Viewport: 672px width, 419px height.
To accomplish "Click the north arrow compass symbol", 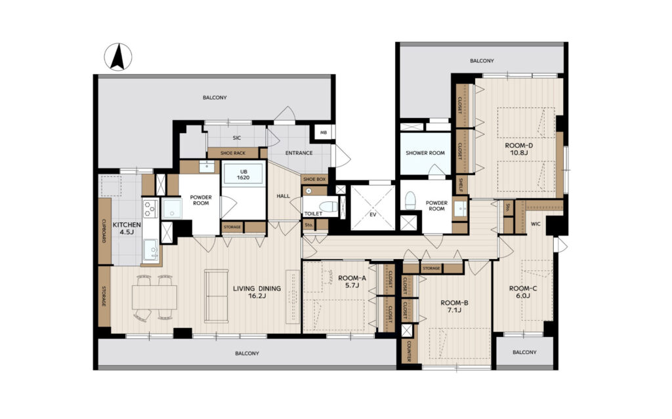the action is [x=118, y=57].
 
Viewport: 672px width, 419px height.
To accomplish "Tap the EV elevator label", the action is [x=373, y=214].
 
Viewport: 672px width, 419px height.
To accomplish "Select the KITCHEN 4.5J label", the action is [x=127, y=228].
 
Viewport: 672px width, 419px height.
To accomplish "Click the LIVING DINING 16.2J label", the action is [x=257, y=292].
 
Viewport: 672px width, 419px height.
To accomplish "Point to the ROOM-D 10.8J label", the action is [x=519, y=149].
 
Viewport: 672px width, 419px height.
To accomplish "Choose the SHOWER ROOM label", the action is [x=425, y=153].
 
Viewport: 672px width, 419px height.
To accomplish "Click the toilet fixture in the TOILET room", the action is [x=329, y=207].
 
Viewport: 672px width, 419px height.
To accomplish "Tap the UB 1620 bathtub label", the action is [x=243, y=174].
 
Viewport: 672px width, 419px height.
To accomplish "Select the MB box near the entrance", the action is [x=324, y=133].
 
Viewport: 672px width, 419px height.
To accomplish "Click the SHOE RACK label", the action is [x=233, y=153].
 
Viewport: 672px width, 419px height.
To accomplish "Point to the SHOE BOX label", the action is [x=314, y=179].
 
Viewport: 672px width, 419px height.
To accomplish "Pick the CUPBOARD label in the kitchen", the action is [x=104, y=231].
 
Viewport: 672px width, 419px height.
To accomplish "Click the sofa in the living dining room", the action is [x=216, y=296].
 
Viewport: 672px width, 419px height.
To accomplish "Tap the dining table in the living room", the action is [x=154, y=297].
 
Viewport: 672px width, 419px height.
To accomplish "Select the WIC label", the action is [x=535, y=224].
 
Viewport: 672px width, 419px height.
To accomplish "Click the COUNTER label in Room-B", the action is [x=408, y=351].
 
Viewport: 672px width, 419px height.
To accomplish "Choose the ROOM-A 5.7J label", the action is [x=352, y=281].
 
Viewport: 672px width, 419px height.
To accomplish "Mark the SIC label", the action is [x=237, y=138].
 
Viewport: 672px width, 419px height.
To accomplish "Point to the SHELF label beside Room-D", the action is [x=460, y=186].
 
